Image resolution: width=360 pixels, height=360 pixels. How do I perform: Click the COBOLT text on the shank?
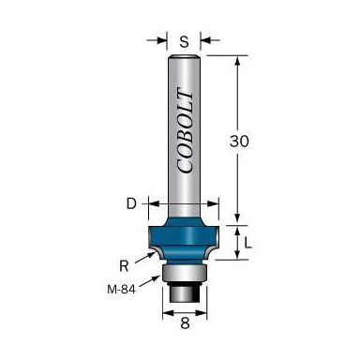[x=183, y=131]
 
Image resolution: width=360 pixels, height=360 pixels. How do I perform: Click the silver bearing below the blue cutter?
[x=182, y=271]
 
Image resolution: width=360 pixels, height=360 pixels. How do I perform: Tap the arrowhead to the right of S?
[x=206, y=40]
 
